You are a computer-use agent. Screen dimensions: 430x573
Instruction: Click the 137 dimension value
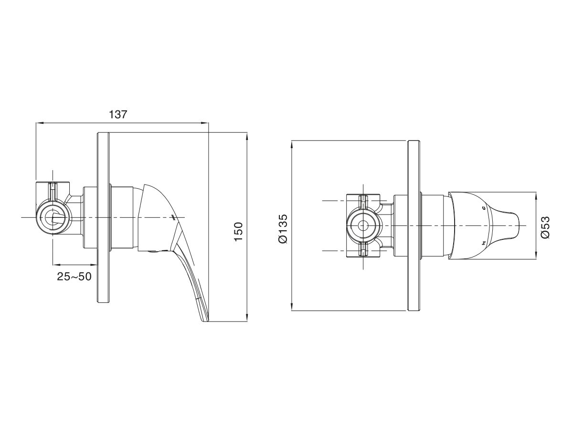point(118,115)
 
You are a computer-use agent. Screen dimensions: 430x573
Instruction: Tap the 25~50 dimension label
point(74,276)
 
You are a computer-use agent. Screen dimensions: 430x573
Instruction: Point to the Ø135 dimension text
point(283,229)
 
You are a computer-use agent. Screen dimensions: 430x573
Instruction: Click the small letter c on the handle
point(484,208)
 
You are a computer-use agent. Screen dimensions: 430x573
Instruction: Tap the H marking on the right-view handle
point(484,244)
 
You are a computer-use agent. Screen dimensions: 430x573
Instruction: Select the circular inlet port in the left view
point(53,217)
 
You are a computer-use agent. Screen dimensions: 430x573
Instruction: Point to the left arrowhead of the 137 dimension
point(39,123)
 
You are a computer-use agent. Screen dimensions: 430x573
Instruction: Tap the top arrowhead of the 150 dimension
point(247,135)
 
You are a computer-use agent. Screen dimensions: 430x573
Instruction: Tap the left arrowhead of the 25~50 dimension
point(54,264)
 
